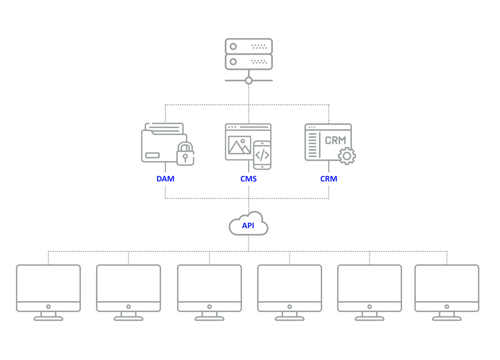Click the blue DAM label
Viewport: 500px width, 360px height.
[x=165, y=179]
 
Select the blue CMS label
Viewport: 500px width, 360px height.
[x=249, y=179]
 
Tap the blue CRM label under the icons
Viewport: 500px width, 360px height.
[x=329, y=179]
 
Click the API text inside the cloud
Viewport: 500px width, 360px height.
[x=248, y=226]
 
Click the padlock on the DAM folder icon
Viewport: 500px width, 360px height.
[x=185, y=154]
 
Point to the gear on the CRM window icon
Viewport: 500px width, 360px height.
[x=347, y=156]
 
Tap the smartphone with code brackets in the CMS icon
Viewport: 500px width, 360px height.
[x=262, y=155]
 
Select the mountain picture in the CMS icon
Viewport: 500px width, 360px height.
[x=239, y=145]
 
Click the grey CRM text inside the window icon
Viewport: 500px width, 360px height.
[x=335, y=140]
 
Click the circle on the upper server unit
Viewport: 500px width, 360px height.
[x=233, y=46]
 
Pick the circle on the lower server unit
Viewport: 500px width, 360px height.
[x=233, y=62]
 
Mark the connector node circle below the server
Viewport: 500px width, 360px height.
[x=249, y=81]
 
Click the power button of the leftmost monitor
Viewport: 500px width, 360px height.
[x=48, y=307]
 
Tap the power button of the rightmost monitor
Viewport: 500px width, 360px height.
[x=447, y=307]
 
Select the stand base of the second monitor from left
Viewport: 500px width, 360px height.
[x=128, y=319]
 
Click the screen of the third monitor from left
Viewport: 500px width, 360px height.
[x=209, y=283]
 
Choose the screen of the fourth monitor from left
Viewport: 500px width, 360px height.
[x=290, y=283]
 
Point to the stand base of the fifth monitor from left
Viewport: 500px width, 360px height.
[x=370, y=319]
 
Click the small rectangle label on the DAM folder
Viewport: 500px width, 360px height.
[x=152, y=155]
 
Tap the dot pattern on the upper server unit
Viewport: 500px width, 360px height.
[x=259, y=46]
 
